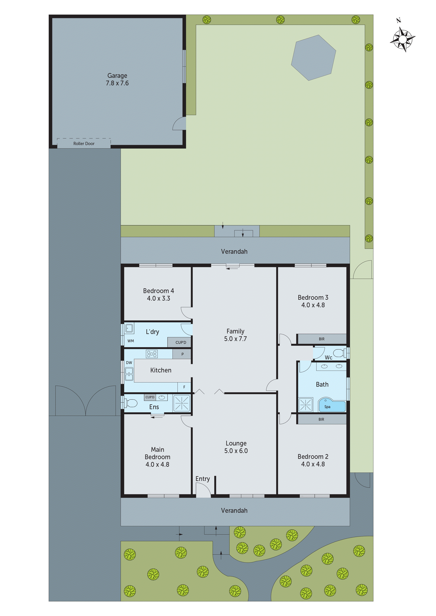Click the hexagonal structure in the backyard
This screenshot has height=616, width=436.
click(x=313, y=58)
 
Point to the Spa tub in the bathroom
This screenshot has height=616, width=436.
click(x=332, y=406)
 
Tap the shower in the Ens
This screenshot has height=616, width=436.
click(x=182, y=403)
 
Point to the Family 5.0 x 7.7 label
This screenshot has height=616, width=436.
click(x=235, y=335)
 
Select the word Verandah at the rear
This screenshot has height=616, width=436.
click(x=234, y=251)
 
